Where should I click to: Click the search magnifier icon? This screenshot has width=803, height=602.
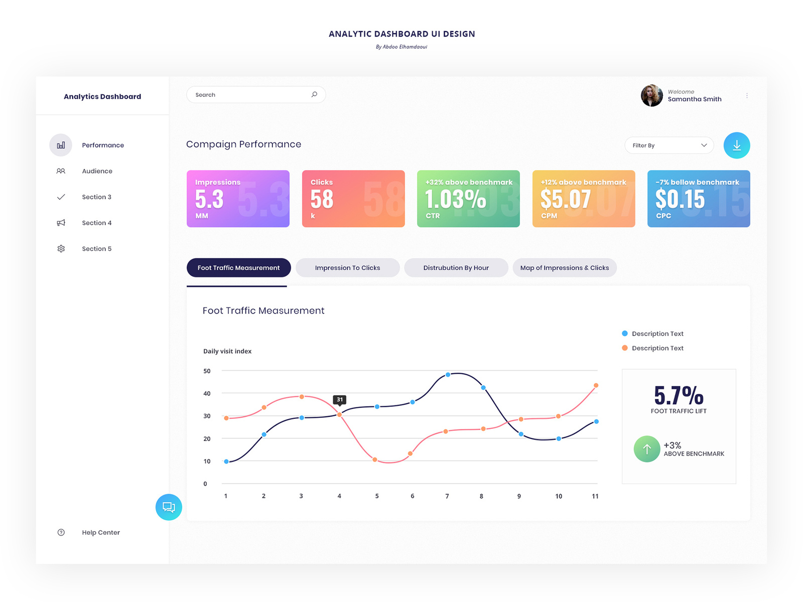(314, 94)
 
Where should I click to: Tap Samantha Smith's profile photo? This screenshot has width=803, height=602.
(651, 95)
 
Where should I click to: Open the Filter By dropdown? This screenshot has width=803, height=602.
(669, 145)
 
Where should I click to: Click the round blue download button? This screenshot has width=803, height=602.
(736, 145)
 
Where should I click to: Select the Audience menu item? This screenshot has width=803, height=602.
(97, 171)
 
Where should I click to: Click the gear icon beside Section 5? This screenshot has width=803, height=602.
(61, 249)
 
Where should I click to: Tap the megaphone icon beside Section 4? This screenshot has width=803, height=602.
(61, 223)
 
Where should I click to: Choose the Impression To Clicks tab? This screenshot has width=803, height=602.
(347, 268)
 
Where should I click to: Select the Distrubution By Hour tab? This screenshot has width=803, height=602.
(456, 268)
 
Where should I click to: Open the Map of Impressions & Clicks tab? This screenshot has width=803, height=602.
(564, 268)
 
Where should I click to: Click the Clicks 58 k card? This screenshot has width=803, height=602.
(353, 199)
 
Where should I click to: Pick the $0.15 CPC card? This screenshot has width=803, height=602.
(698, 199)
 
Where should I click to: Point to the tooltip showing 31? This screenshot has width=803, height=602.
(340, 400)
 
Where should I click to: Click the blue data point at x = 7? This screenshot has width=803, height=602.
(448, 375)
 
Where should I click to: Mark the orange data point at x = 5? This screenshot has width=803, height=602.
(375, 460)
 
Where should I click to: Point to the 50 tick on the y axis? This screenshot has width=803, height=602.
(207, 371)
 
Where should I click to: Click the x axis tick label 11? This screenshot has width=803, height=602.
(595, 496)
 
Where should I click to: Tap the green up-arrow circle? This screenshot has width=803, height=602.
(647, 449)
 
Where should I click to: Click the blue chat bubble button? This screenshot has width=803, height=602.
(169, 507)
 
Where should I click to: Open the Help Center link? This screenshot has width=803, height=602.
(101, 533)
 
